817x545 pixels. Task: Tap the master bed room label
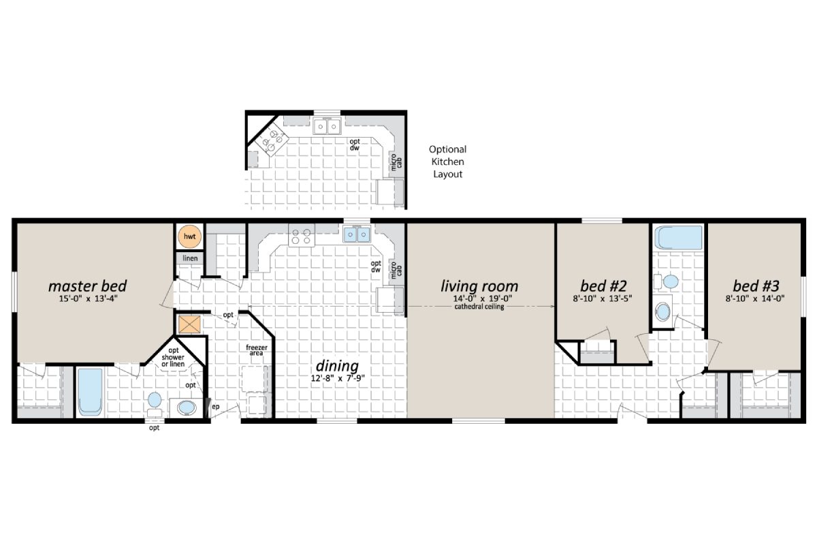point(88,285)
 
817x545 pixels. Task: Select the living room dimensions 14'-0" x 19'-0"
point(479,298)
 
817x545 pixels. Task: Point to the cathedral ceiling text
point(479,307)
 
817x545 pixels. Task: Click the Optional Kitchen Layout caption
point(447,161)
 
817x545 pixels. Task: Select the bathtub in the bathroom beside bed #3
point(678,239)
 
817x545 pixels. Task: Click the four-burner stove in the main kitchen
point(300,236)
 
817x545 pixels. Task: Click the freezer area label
point(255,350)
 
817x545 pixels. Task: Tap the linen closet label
point(189,260)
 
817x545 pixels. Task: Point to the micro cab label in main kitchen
point(394,270)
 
